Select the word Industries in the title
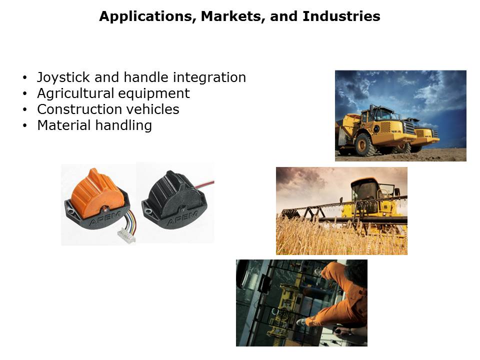pyautogui.click(x=341, y=16)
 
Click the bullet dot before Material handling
pyautogui.click(x=25, y=125)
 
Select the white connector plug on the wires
pyautogui.click(x=126, y=236)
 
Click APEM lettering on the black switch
pyautogui.click(x=182, y=218)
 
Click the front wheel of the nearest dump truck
pyautogui.click(x=365, y=145)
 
